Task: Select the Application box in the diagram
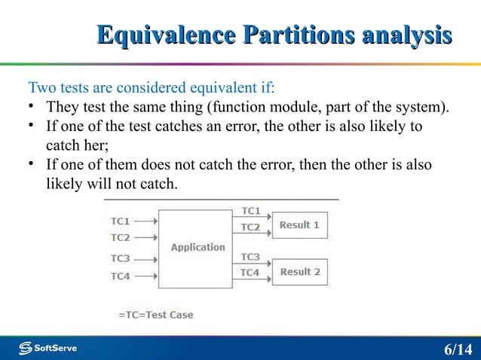coord(198,247)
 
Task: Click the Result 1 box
coord(300,224)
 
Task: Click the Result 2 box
coord(300,272)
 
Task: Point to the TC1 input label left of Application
coord(121,221)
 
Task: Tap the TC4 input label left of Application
coord(121,276)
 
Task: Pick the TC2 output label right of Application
coord(250,227)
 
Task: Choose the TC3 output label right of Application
coord(250,257)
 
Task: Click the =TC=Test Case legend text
coord(156,315)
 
